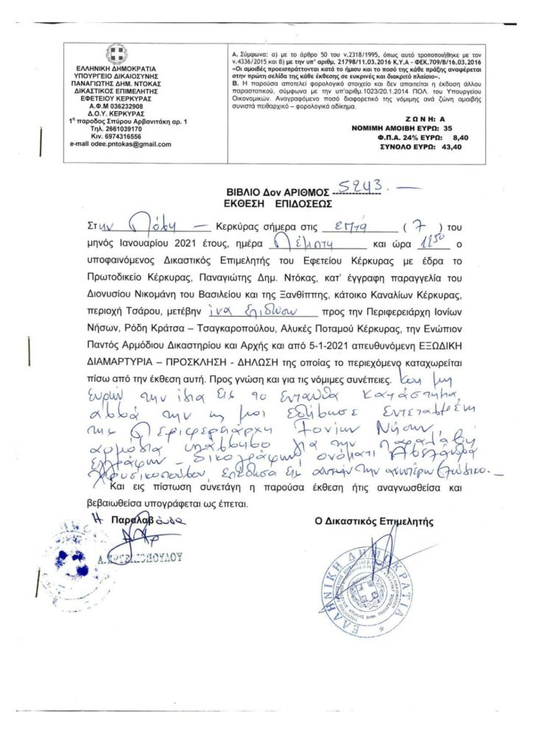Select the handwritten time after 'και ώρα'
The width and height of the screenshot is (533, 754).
click(423, 242)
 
